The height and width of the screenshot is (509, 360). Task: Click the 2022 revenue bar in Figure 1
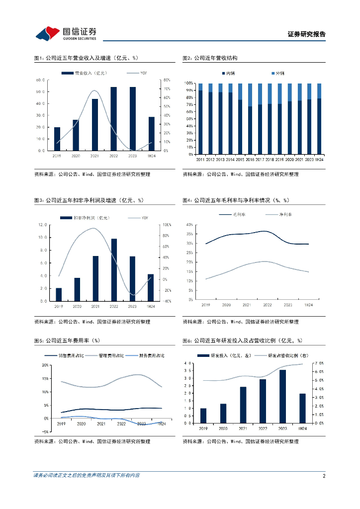point(114,119)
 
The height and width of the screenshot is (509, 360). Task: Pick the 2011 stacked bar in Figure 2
point(200,119)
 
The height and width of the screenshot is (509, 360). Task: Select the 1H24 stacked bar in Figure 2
point(319,119)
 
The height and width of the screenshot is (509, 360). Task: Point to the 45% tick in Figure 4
point(189,225)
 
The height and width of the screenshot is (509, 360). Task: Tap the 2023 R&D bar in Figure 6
point(282,397)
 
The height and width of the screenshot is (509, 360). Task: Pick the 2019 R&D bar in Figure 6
point(203,416)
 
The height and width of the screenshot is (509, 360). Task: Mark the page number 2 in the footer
point(324,476)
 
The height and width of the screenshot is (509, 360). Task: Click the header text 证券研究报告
point(307,34)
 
